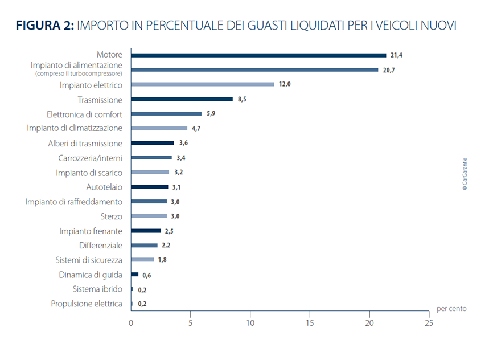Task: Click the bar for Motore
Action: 258,55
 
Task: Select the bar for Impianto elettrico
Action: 202,84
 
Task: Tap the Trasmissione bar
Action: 182,99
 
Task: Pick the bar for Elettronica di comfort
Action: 166,114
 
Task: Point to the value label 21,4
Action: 397,55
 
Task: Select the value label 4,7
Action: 196,129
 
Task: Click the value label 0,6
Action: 147,275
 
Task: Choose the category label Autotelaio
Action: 104,186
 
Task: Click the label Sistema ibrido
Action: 97,289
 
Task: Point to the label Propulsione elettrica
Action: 87,304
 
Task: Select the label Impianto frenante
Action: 91,231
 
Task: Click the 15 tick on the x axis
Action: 310,322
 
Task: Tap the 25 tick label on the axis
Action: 429,322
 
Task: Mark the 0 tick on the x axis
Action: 131,322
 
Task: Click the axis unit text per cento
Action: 451,308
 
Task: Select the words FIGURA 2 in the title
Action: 44,26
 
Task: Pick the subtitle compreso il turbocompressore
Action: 79,74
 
